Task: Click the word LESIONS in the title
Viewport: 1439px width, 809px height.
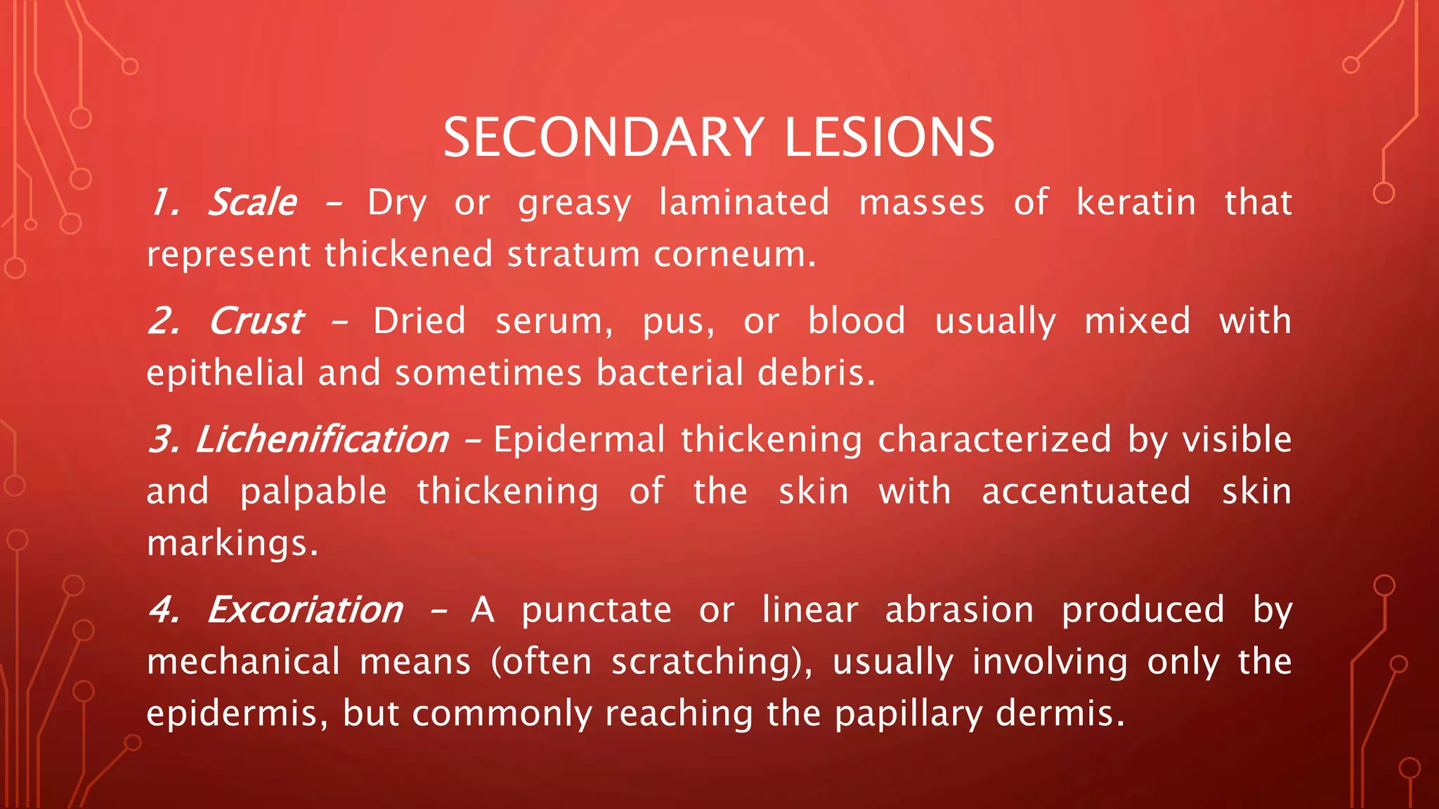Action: (x=889, y=138)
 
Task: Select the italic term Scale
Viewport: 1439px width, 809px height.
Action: (x=253, y=203)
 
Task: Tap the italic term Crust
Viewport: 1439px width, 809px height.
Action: (x=256, y=322)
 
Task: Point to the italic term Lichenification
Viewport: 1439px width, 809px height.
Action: (x=322, y=440)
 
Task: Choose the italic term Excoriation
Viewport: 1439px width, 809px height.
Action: (x=305, y=610)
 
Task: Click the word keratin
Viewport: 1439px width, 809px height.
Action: (x=1135, y=203)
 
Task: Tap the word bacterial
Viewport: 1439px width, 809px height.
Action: (x=670, y=373)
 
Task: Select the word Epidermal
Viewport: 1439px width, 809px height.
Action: (x=579, y=440)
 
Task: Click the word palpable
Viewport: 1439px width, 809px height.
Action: (x=313, y=492)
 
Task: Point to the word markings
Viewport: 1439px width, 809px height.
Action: (x=232, y=544)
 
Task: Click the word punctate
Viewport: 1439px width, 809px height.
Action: (x=596, y=610)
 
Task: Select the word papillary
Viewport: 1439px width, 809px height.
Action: (x=909, y=713)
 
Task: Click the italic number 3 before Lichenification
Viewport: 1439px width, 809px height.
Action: (x=164, y=440)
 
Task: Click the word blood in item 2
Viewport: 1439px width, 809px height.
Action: (x=856, y=322)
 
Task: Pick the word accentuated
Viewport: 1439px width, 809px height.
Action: (x=1086, y=492)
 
